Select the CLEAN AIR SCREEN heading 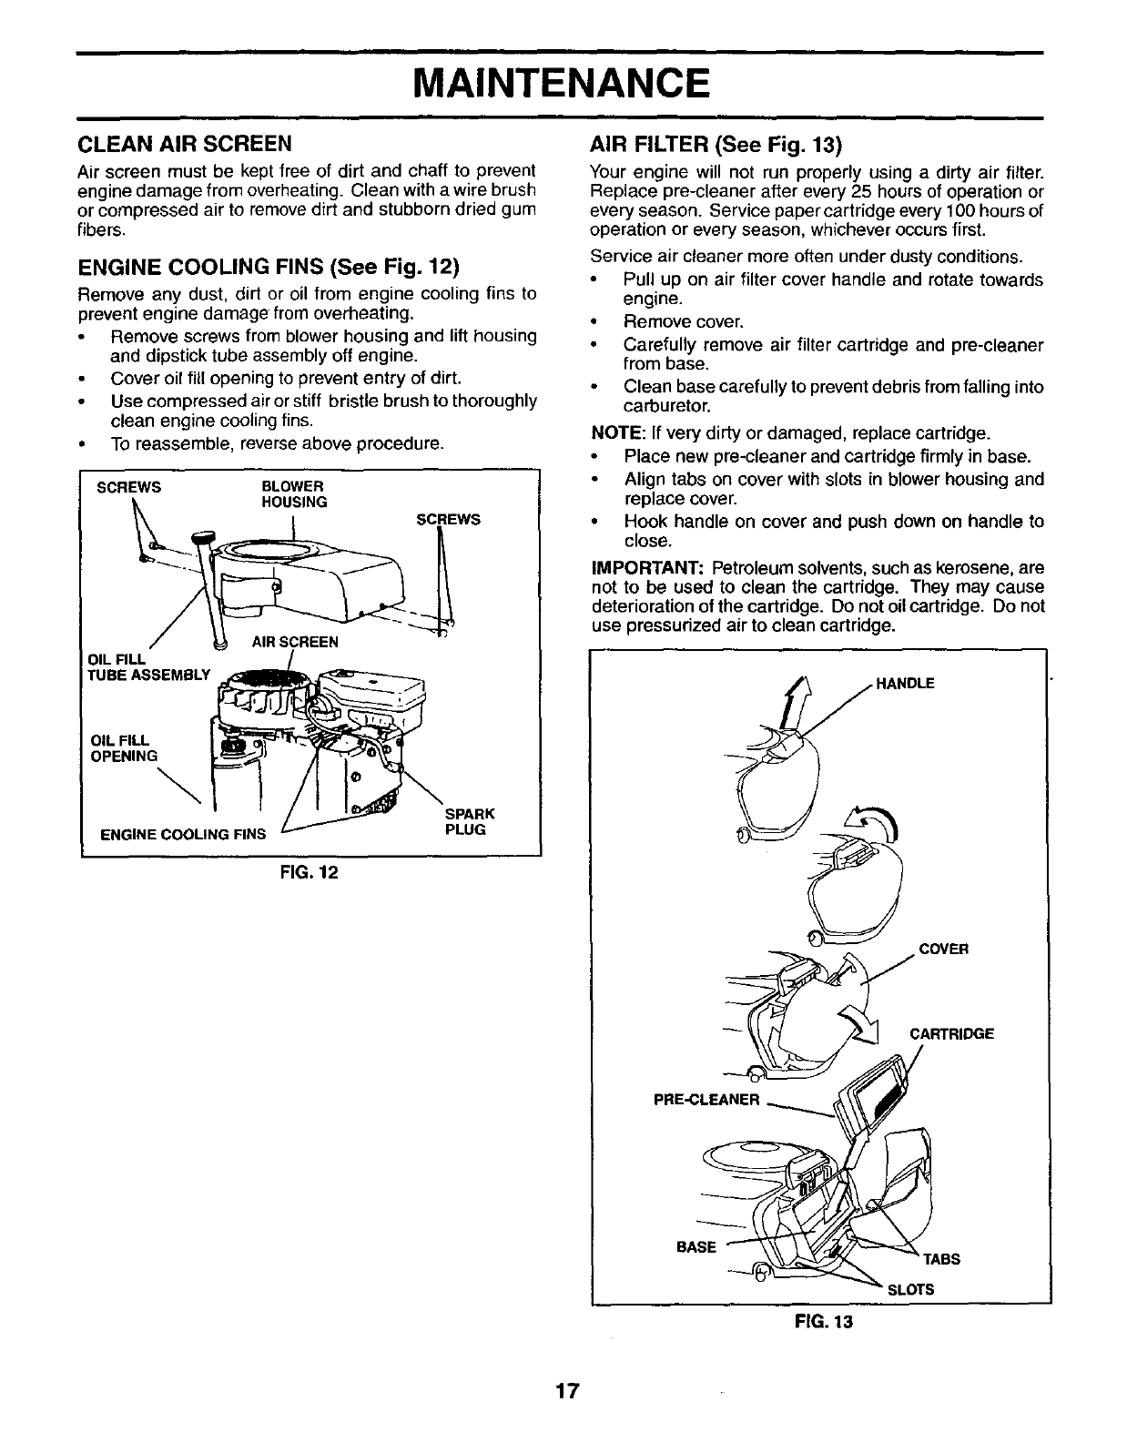(185, 144)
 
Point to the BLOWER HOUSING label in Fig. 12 (293, 493)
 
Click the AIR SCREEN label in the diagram (295, 642)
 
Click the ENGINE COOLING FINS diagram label (183, 833)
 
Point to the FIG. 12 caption (310, 873)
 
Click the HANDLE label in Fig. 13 (904, 685)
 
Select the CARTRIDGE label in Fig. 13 (951, 1034)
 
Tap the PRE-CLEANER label (706, 1100)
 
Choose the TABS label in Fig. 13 (941, 1260)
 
